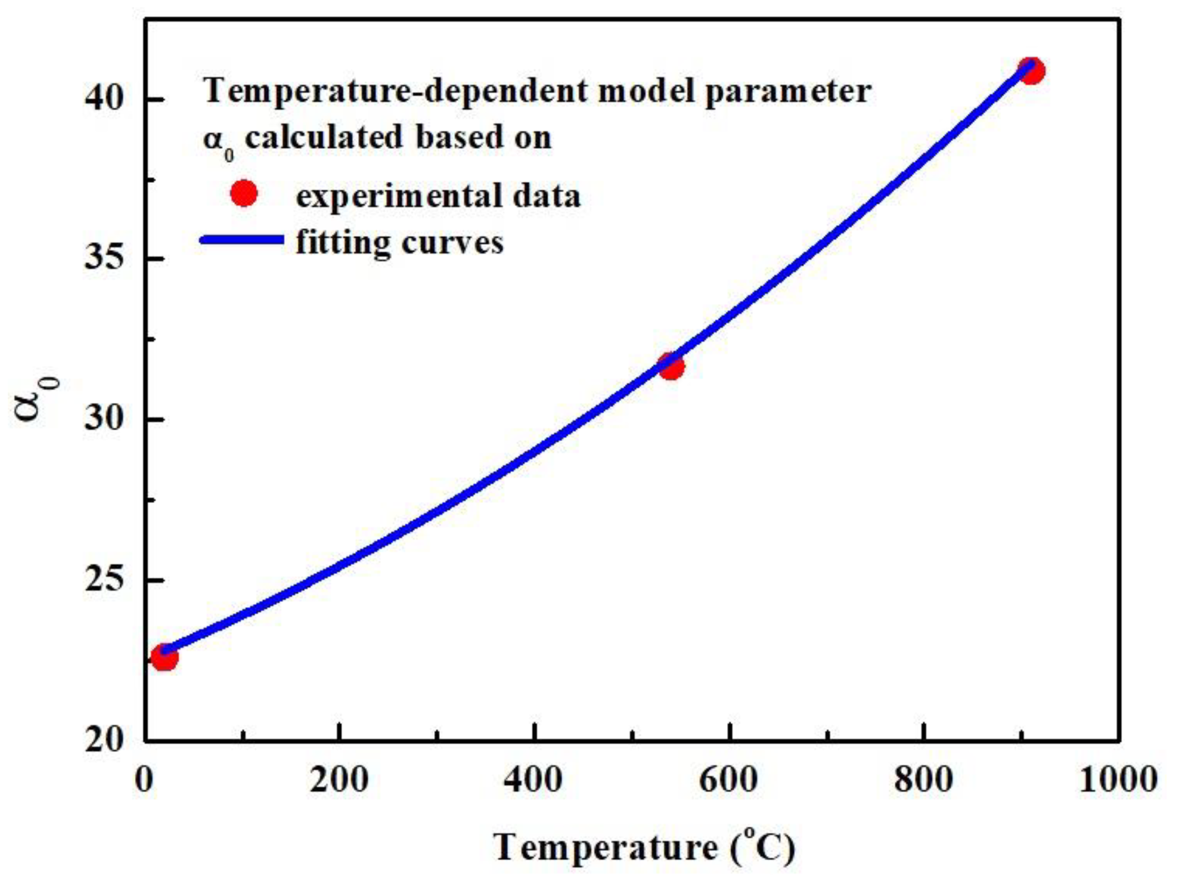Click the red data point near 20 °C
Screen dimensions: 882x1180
(x=164, y=658)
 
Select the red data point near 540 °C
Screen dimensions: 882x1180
(x=671, y=366)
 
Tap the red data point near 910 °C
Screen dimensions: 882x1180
(x=1032, y=71)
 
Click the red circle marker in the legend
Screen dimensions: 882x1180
(x=244, y=193)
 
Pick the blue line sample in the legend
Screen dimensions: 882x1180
(x=242, y=240)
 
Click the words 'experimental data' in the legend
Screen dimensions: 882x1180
(x=438, y=196)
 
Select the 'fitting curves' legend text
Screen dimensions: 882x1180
(x=400, y=243)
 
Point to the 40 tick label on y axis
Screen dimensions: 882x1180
(x=104, y=99)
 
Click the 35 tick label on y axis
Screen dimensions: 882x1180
(x=104, y=259)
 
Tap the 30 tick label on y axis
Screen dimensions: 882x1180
(x=104, y=419)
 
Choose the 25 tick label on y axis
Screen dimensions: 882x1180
(x=104, y=580)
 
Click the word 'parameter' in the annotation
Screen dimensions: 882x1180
(x=788, y=91)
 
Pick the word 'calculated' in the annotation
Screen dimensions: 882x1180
(x=324, y=137)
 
